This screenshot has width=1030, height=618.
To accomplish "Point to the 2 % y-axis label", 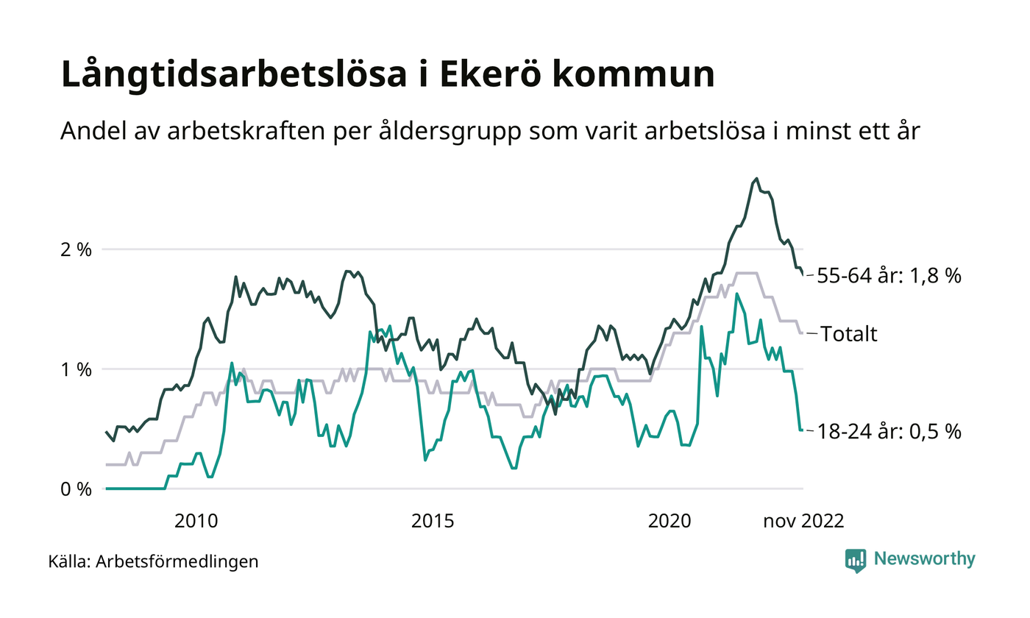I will [75, 249].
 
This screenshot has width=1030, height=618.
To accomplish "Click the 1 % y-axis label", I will [75, 369].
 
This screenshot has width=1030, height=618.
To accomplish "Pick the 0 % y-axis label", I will [75, 489].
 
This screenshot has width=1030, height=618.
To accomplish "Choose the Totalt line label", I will [849, 334].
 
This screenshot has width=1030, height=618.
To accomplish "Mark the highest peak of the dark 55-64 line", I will [757, 178].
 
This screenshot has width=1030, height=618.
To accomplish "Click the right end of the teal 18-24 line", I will [802, 430].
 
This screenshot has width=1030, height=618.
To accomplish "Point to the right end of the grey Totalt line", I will [802, 333].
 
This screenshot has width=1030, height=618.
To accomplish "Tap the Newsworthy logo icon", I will [856, 561].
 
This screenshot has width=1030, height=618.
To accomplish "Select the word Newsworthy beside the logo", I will [924, 559].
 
